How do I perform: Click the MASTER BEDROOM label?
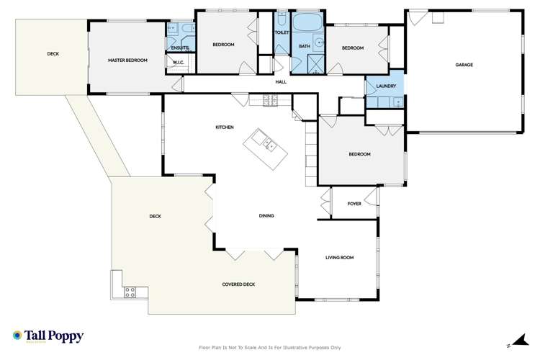click(127, 60)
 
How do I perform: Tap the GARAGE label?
click(464, 65)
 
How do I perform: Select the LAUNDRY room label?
click(385, 87)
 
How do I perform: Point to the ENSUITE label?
click(179, 48)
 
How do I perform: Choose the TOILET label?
click(281, 32)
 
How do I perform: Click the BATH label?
click(304, 48)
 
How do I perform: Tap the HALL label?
click(281, 82)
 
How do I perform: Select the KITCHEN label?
click(225, 127)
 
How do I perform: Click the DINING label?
click(267, 216)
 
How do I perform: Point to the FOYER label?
click(354, 204)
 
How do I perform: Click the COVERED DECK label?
click(238, 284)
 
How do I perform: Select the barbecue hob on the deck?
click(131, 292)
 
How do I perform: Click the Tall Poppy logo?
click(48, 336)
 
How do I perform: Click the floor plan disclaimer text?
click(269, 347)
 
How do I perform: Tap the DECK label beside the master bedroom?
click(53, 54)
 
